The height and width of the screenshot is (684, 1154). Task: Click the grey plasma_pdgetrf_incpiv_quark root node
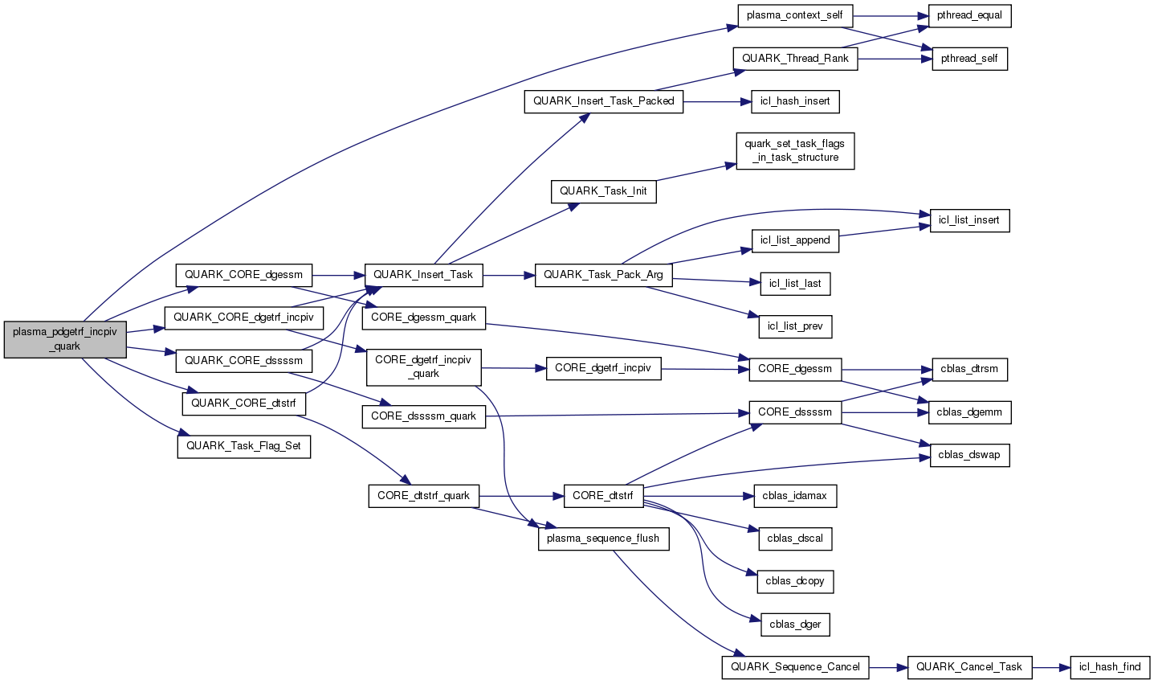[x=65, y=339]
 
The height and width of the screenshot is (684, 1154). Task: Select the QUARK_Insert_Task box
[x=423, y=274]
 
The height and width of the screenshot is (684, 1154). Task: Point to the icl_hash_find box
[x=1110, y=666]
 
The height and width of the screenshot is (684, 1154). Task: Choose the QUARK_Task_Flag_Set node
[x=243, y=445]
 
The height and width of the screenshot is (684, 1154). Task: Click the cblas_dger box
[x=795, y=624]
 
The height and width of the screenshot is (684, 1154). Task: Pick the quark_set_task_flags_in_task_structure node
[x=794, y=150]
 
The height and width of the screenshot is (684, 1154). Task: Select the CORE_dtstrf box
[x=603, y=495]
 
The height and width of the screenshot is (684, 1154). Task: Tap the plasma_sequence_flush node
[x=603, y=539]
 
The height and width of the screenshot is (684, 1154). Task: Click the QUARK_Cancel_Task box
[x=968, y=666]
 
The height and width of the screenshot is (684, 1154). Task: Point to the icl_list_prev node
[x=795, y=326]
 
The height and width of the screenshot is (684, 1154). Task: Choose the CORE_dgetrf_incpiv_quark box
[x=423, y=367]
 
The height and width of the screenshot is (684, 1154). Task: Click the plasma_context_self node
[x=795, y=15]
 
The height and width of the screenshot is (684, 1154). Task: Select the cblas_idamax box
[x=794, y=495]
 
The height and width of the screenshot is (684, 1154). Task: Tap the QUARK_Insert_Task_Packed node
[x=603, y=101]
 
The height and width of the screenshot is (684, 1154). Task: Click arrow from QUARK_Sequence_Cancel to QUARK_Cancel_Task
[x=887, y=667]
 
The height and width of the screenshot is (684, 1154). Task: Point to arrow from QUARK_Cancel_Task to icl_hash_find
[x=1051, y=667]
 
